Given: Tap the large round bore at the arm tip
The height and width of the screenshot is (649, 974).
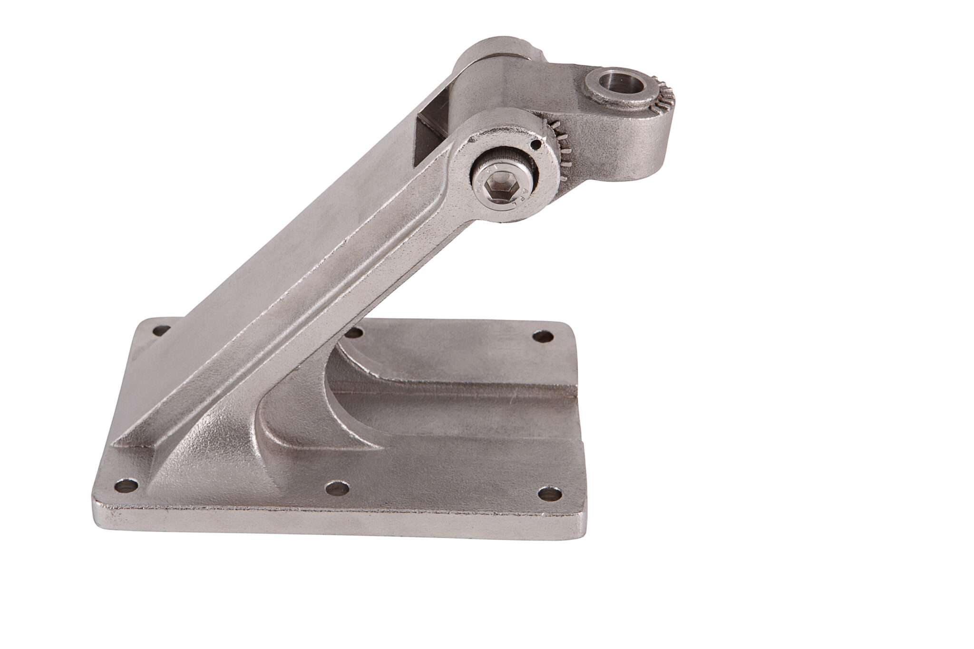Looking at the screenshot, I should coord(621,82).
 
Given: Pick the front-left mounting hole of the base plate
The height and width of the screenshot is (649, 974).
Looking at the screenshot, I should coord(127,486).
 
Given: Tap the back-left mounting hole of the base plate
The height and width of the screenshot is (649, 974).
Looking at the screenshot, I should coord(162,329).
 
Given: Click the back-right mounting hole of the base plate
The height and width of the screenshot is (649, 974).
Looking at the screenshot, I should coord(543,337).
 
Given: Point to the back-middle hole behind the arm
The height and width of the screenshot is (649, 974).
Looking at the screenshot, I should coord(353,332).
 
